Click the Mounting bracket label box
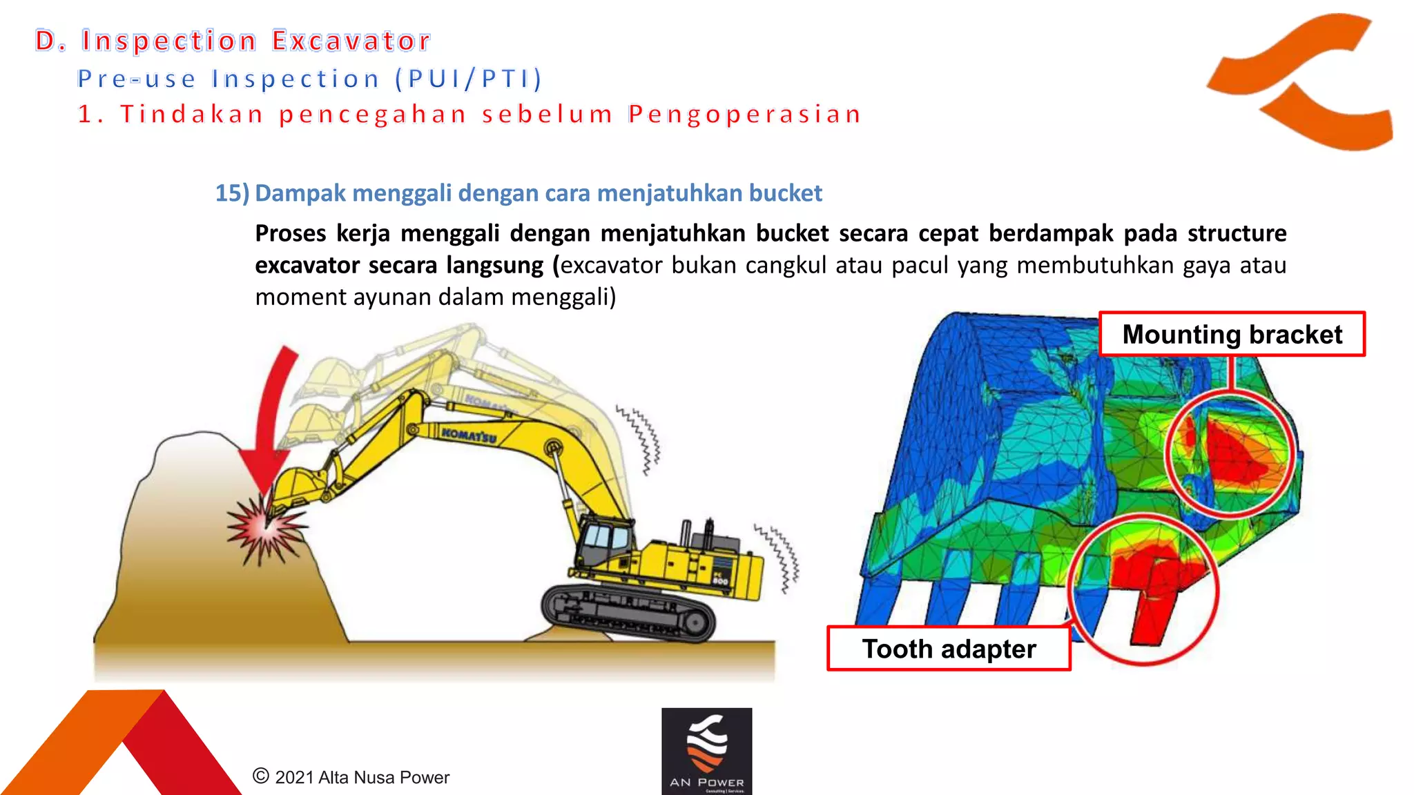point(1232,334)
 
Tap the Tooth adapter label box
point(949,649)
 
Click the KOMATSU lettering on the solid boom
point(469,435)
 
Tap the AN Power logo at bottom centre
point(706,751)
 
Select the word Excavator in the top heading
point(351,41)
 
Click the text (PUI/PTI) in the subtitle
point(469,79)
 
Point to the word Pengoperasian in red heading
point(745,114)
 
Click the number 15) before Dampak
point(231,193)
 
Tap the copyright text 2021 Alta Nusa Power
point(351,777)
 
